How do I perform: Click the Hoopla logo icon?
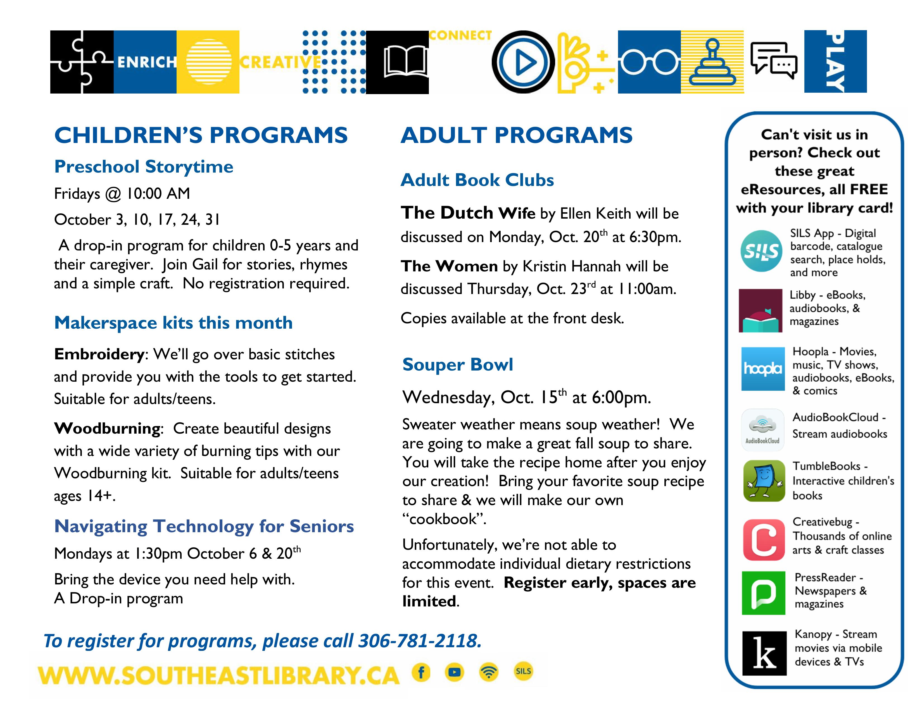[x=762, y=369]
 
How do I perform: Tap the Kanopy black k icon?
[x=764, y=653]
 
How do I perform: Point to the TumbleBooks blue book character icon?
[x=764, y=481]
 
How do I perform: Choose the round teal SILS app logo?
[x=761, y=251]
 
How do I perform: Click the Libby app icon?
[x=760, y=310]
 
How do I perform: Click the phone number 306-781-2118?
[x=420, y=641]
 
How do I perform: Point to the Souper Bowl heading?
[x=458, y=364]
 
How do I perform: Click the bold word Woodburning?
[x=107, y=429]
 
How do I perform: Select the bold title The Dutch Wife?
[x=468, y=212]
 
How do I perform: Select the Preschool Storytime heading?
[x=144, y=167]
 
